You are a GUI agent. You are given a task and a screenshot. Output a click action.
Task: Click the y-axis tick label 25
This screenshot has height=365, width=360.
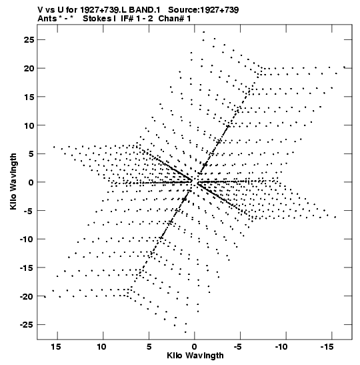click(29, 40)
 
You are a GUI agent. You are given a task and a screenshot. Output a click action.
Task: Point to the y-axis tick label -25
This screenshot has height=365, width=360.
click(27, 325)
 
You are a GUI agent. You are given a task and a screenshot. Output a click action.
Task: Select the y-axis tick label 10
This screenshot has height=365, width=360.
click(29, 125)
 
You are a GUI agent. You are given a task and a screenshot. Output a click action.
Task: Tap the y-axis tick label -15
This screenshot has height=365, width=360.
click(27, 268)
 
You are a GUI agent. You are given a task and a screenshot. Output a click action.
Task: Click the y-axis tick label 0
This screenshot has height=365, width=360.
click(31, 182)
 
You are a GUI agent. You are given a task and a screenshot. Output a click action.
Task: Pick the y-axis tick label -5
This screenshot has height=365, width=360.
click(29, 211)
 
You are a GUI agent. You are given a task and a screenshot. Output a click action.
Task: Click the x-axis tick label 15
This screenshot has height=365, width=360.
click(56, 347)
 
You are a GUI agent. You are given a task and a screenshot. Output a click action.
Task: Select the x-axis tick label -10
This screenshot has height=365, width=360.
click(281, 347)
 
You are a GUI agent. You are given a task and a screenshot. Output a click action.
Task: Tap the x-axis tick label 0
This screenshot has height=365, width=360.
click(195, 347)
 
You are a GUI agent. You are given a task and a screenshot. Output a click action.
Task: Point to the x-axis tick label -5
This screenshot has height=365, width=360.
click(238, 347)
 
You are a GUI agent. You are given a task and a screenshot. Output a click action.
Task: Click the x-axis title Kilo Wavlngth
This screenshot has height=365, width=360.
click(195, 356)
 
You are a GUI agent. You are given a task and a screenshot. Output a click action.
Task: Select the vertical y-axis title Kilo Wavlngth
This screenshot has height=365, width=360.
click(13, 181)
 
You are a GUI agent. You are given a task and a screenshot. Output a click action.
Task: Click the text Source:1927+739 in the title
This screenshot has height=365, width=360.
click(203, 10)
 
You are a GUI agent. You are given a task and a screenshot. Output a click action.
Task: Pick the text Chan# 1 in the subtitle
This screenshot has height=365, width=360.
click(175, 19)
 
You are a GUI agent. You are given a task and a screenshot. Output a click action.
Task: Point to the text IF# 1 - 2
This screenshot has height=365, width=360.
click(137, 19)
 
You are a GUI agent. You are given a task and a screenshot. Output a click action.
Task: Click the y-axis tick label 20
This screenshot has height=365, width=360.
click(29, 69)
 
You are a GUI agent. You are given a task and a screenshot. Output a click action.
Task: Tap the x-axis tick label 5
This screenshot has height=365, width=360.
click(149, 347)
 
